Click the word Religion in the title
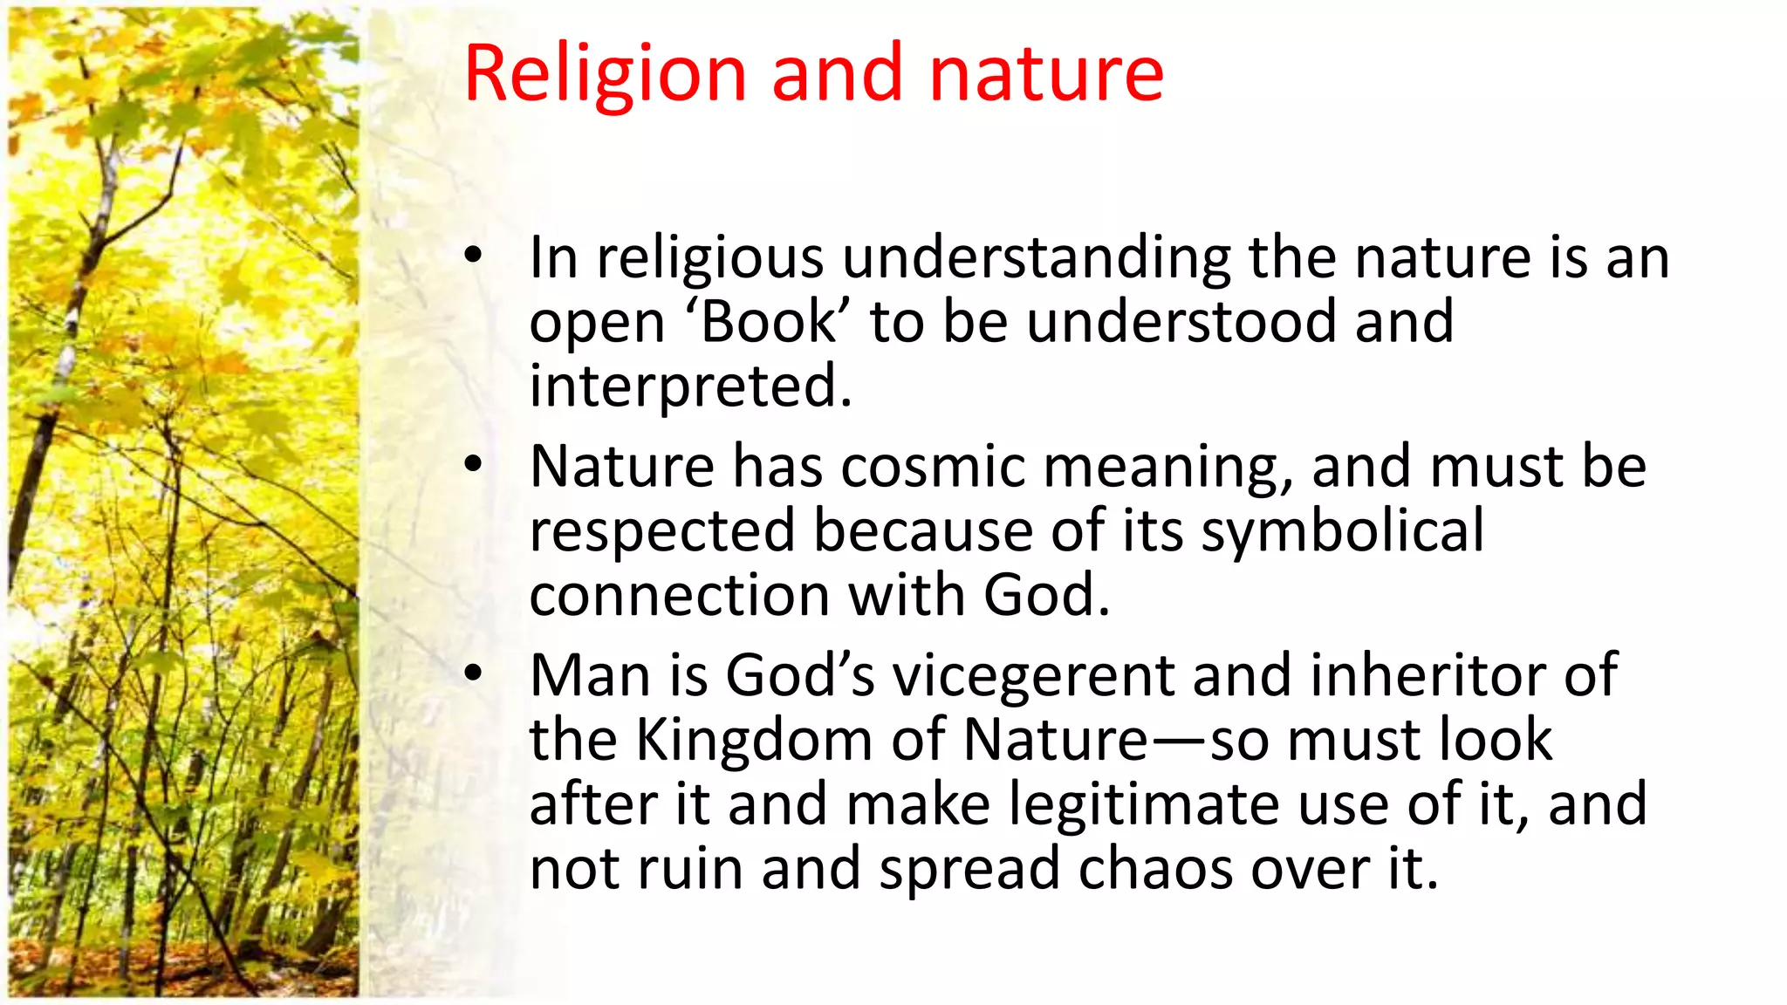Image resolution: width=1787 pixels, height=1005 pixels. tap(605, 75)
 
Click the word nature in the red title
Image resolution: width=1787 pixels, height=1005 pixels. tap(1046, 75)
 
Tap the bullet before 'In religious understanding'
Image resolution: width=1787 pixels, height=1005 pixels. tap(473, 256)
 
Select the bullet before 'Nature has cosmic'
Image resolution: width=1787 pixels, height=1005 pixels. tap(473, 464)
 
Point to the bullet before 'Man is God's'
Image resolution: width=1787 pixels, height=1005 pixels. tap(473, 673)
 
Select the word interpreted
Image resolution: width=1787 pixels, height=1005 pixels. tap(689, 386)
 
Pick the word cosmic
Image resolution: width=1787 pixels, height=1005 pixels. tap(933, 466)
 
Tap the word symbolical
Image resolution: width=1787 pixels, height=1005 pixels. tap(1342, 530)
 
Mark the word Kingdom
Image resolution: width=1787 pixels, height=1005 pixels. tap(754, 740)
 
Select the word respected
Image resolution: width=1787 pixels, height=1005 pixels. tap(662, 530)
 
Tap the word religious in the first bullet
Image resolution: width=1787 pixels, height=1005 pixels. tap(710, 258)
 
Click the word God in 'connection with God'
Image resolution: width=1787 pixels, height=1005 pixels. tap(1045, 595)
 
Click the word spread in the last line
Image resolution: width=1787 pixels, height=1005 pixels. tap(969, 869)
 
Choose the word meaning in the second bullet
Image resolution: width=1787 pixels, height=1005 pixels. tap(1167, 468)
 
